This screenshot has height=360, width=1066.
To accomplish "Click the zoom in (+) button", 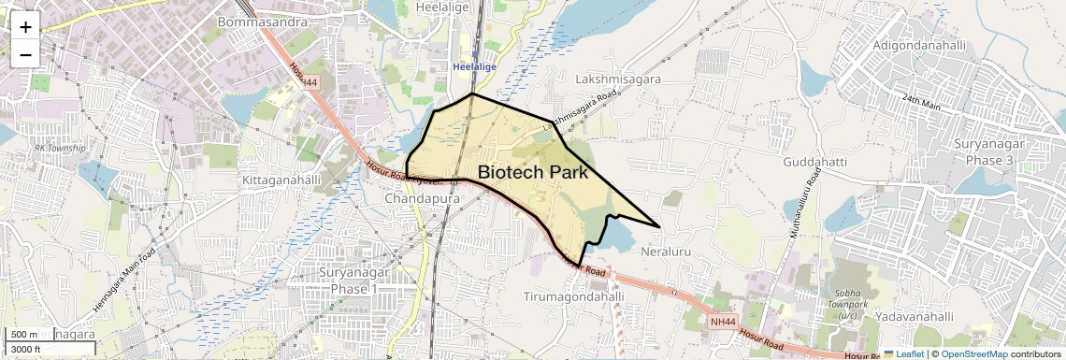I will point(25,26).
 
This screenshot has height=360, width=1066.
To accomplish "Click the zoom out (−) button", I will point(25,53).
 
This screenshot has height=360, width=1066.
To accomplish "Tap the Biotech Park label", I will point(532,172).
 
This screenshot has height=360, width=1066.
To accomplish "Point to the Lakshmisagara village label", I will point(619,79).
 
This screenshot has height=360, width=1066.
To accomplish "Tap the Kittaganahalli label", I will point(281,179).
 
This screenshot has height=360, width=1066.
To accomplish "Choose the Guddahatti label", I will point(815,162).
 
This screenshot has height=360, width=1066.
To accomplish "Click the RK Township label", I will point(60,148).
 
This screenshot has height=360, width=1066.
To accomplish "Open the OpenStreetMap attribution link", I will point(974,353).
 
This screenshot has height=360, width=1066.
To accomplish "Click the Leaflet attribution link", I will point(905,353).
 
